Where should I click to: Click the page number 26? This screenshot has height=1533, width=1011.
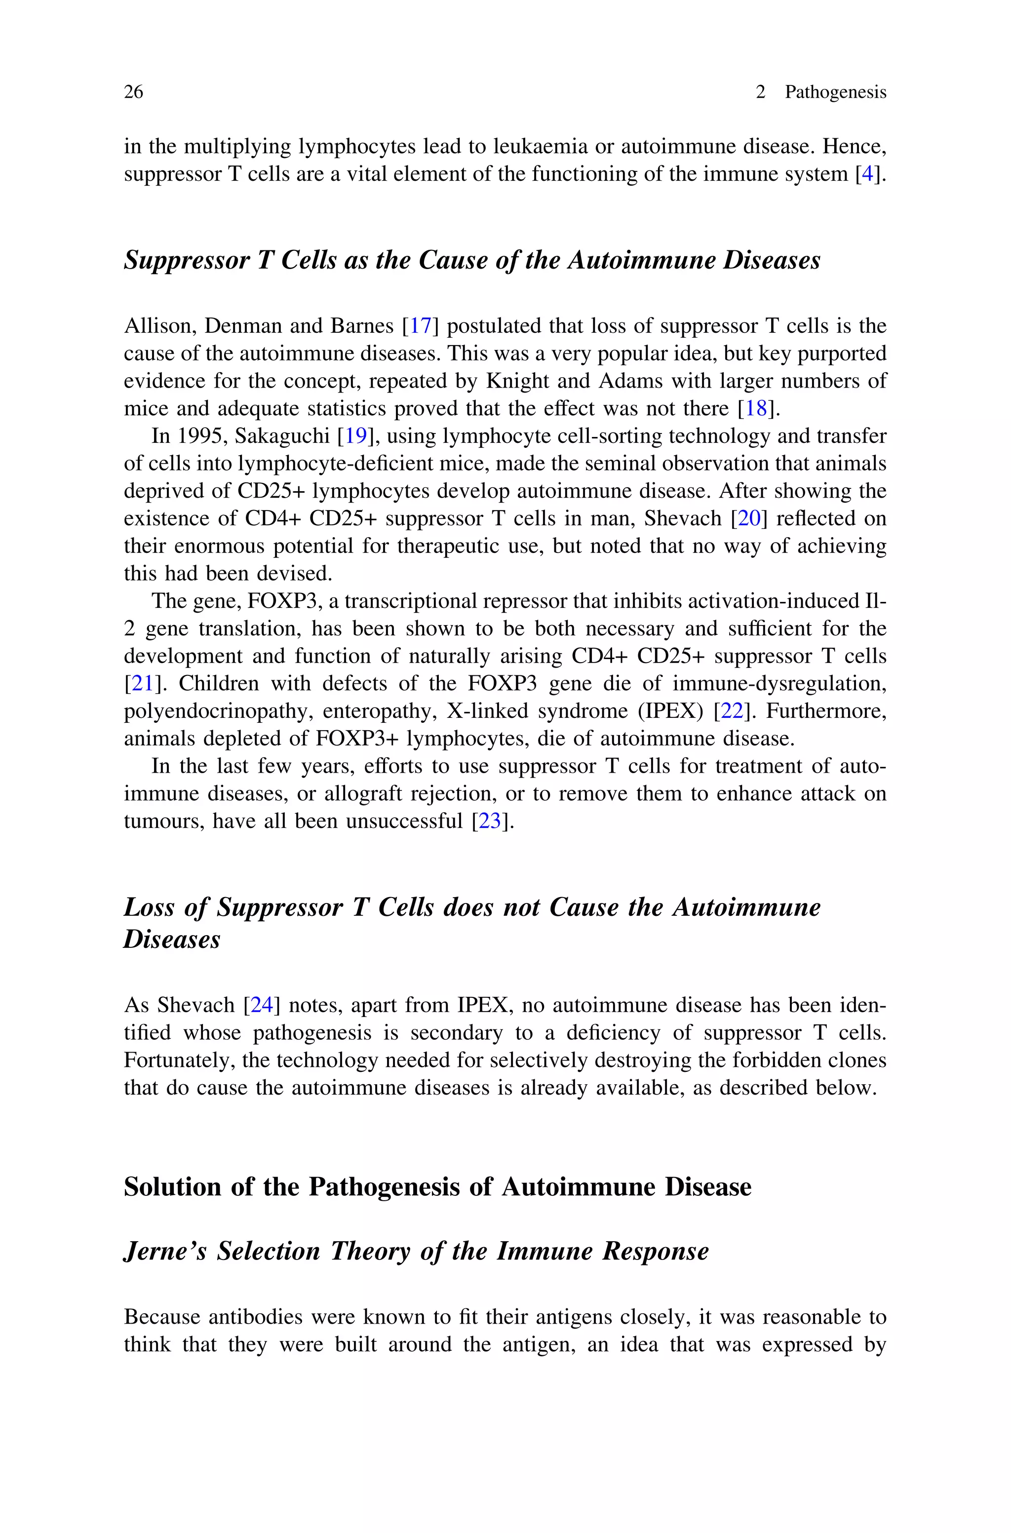coord(133,92)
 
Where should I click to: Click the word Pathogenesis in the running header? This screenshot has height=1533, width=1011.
coord(835,92)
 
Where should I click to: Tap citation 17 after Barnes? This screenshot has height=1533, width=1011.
coord(421,326)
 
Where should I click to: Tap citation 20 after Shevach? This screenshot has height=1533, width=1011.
coord(748,519)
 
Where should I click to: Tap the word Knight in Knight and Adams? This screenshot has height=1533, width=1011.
coord(516,381)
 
